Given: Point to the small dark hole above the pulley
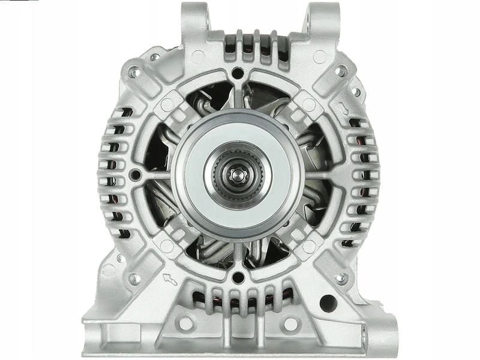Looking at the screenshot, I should (x=238, y=74).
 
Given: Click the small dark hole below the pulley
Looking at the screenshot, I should (x=238, y=277).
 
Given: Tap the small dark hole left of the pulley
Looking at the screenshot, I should (x=136, y=175).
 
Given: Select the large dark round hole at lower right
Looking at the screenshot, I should (x=328, y=303).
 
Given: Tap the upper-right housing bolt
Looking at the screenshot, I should (x=341, y=72).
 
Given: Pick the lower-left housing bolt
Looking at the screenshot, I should (x=134, y=278).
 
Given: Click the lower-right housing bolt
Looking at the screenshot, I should (x=341, y=278).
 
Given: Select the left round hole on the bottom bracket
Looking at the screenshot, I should (x=185, y=324).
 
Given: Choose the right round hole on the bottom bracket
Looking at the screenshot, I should (x=290, y=324).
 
